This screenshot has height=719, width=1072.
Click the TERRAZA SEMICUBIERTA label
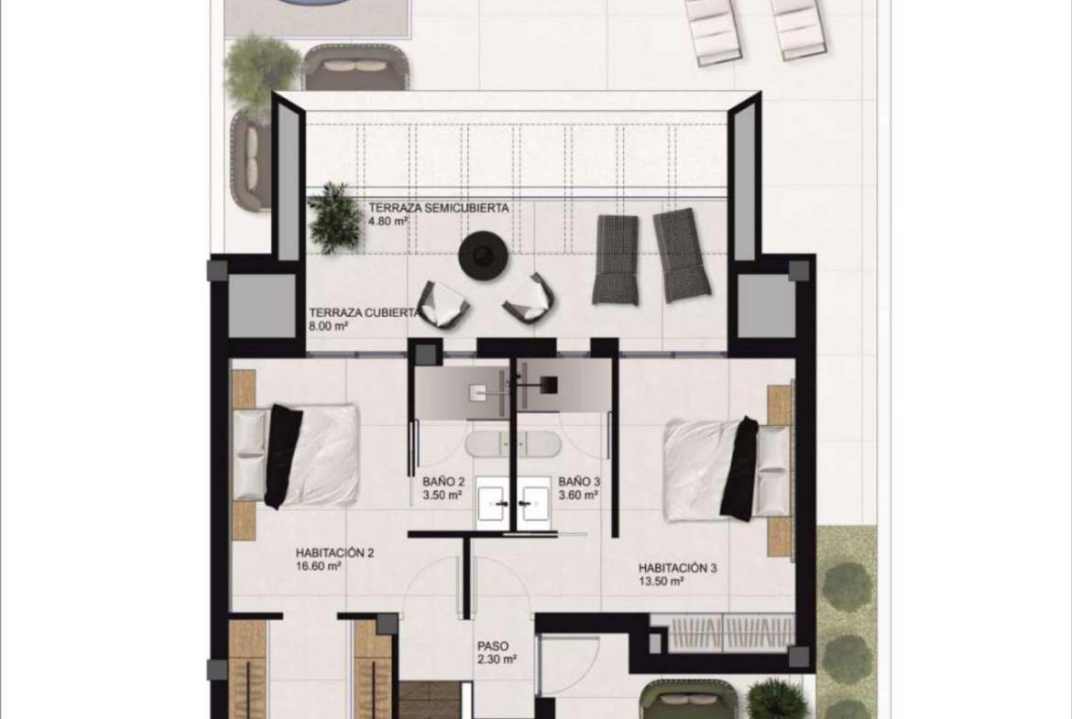(439, 208)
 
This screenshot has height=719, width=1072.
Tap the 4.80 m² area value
(388, 222)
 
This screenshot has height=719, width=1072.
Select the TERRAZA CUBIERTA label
(364, 312)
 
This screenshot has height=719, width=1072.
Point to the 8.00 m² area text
(329, 326)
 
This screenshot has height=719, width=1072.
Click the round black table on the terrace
(485, 256)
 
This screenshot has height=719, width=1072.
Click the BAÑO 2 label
(443, 481)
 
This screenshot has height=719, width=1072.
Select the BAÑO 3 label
(579, 481)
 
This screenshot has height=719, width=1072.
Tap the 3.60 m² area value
(579, 496)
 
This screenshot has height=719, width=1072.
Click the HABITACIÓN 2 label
(334, 552)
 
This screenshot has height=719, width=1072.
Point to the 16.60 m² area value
(319, 566)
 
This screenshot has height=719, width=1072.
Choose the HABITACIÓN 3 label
(677, 567)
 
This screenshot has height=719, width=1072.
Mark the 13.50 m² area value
(662, 582)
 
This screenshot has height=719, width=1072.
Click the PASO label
(493, 646)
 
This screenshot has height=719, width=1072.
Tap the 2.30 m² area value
(497, 659)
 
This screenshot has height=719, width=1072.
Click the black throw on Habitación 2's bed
(283, 456)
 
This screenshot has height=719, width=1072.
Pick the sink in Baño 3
(535, 502)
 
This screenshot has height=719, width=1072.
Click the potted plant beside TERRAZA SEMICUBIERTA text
(335, 217)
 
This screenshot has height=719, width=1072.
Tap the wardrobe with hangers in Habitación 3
(727, 631)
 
